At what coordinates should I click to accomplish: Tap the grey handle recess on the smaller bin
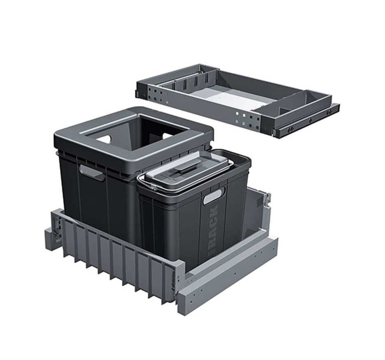214,196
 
